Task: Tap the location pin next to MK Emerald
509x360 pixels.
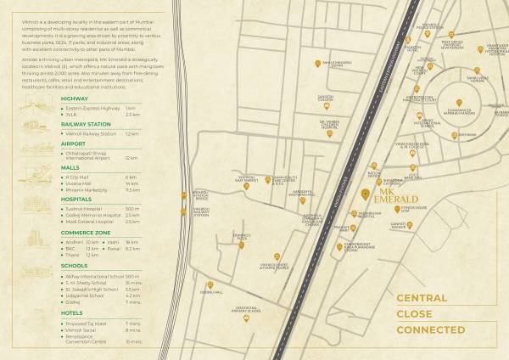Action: [x=366, y=192]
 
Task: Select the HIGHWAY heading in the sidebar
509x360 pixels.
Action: [x=75, y=98]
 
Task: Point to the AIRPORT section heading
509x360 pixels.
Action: [x=74, y=143]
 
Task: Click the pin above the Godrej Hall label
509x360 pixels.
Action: [x=210, y=285]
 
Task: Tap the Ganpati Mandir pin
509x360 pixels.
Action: [x=408, y=225]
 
